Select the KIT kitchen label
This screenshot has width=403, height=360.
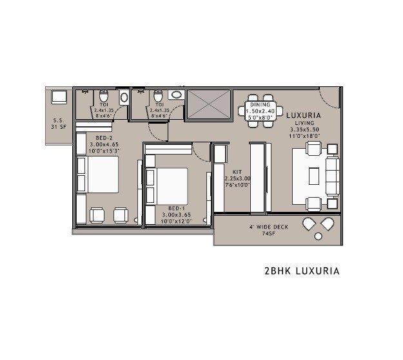[x=230, y=172]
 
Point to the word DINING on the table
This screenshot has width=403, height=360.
[x=260, y=104]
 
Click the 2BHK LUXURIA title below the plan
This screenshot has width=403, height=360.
[x=302, y=271]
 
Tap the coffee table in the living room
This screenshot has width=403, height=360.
[x=313, y=176]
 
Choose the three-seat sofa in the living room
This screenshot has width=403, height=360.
[x=332, y=176]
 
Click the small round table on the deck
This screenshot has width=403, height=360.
[x=317, y=237]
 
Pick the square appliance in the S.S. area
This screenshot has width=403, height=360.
[x=60, y=98]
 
